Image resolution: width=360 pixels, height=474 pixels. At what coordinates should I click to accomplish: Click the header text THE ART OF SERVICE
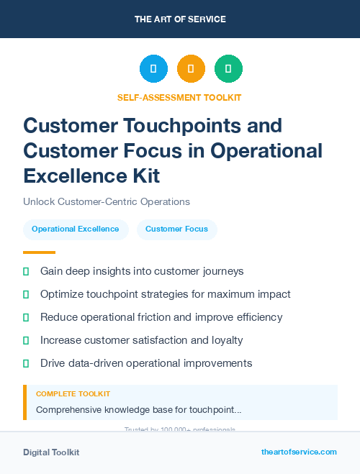coord(180,19)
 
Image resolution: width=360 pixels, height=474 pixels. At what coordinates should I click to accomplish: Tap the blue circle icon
coord(153,69)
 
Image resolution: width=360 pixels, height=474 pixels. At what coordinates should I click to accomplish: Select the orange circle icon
coord(191,69)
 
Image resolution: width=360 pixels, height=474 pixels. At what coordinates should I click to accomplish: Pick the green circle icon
coord(228,69)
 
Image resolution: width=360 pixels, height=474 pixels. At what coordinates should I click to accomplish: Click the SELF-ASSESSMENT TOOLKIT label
coord(179,97)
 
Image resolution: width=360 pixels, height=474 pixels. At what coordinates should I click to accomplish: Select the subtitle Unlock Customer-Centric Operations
coord(106,201)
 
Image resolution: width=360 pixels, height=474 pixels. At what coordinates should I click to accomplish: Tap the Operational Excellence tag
coord(76,229)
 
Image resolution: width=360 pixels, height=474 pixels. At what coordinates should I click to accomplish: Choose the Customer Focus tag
coord(176,229)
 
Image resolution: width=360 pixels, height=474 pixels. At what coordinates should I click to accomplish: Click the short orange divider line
coord(39,252)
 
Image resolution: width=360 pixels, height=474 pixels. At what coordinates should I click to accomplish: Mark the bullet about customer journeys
coord(142,271)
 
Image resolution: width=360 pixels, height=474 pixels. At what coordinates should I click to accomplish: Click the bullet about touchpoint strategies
coord(165,294)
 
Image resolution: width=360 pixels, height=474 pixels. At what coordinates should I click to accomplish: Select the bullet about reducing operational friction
coord(161,317)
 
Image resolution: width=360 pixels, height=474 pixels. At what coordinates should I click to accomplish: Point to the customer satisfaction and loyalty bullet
coord(141,340)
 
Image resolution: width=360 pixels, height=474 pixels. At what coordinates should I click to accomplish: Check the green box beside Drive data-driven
coord(26,363)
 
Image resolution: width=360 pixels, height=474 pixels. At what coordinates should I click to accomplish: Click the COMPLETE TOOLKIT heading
coord(73,394)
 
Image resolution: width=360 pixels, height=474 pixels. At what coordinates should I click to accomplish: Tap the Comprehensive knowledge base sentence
coord(139,409)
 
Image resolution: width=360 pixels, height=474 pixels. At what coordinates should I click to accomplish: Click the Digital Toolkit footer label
coord(51,452)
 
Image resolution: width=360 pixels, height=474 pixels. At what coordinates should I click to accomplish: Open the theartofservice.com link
coord(299,452)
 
